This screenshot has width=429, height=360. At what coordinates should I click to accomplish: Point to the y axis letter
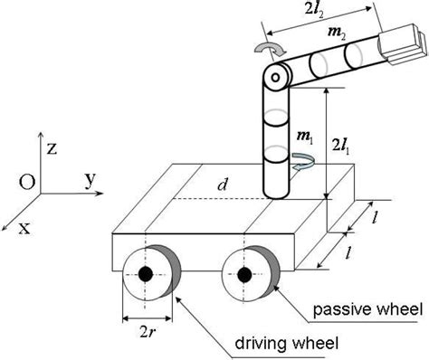(90, 179)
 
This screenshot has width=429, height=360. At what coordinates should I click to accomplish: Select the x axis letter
(24, 227)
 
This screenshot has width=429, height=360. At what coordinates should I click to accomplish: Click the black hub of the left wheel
(146, 274)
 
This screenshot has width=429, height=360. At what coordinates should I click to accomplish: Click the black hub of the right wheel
(243, 274)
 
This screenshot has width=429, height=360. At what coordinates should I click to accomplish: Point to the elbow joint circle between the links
(272, 78)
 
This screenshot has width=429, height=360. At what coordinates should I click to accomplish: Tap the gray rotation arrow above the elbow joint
(272, 49)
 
